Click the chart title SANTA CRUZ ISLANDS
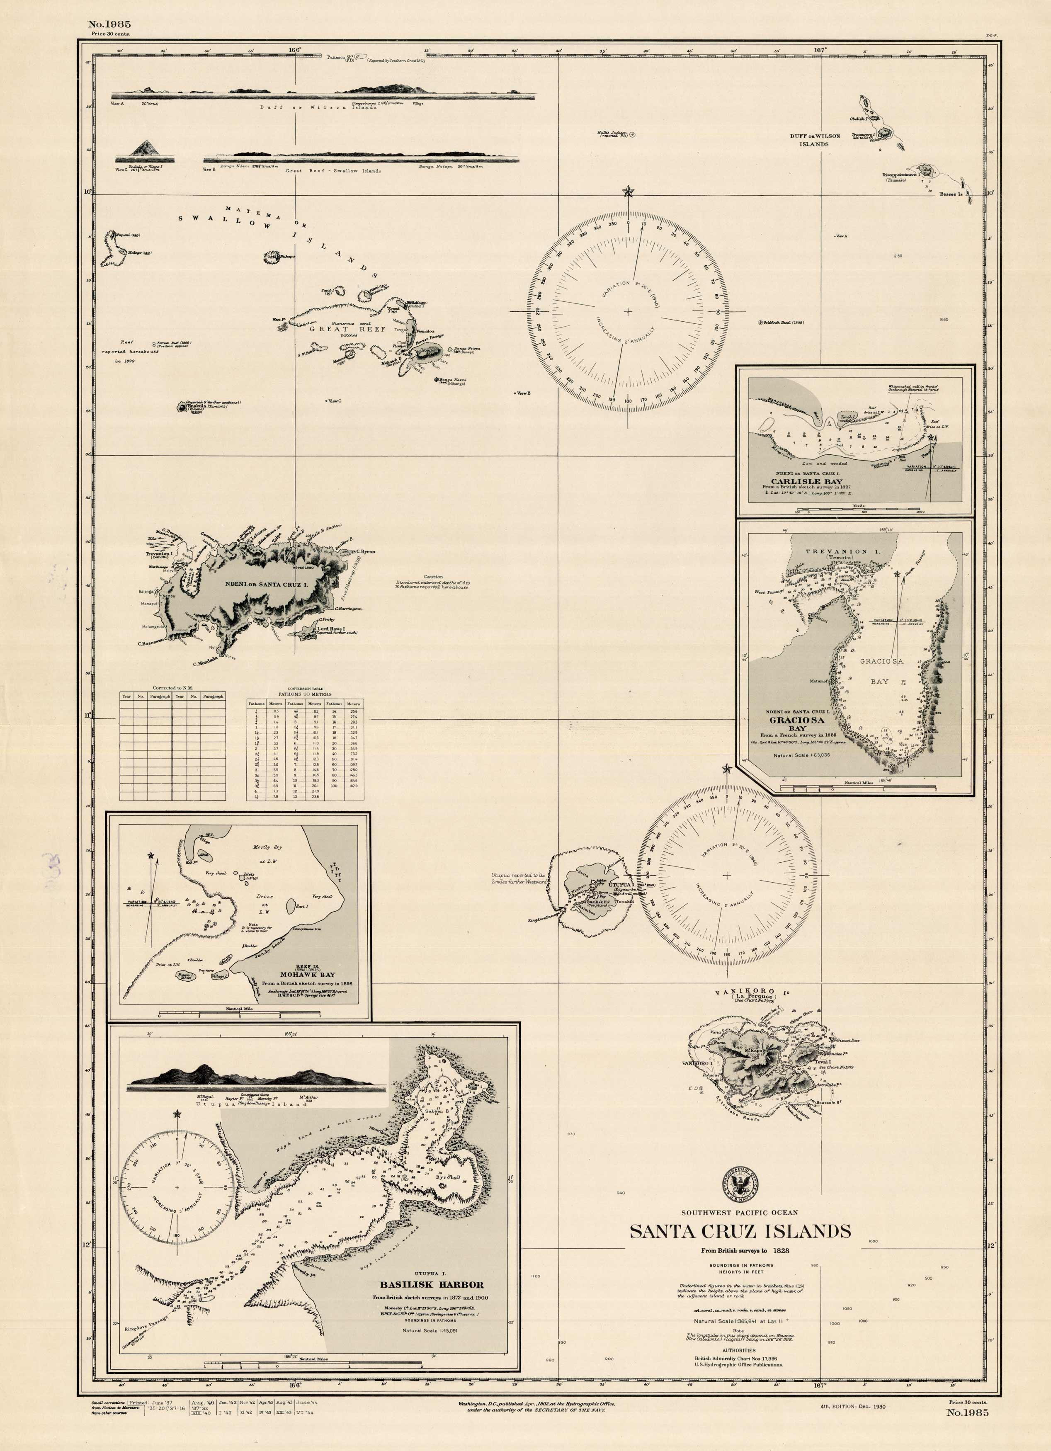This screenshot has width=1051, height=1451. pyautogui.click(x=740, y=1232)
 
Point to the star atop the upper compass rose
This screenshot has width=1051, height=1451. pyautogui.click(x=628, y=191)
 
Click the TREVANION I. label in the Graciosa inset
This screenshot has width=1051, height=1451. pyautogui.click(x=836, y=551)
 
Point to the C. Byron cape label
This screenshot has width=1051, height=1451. pyautogui.click(x=364, y=551)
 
